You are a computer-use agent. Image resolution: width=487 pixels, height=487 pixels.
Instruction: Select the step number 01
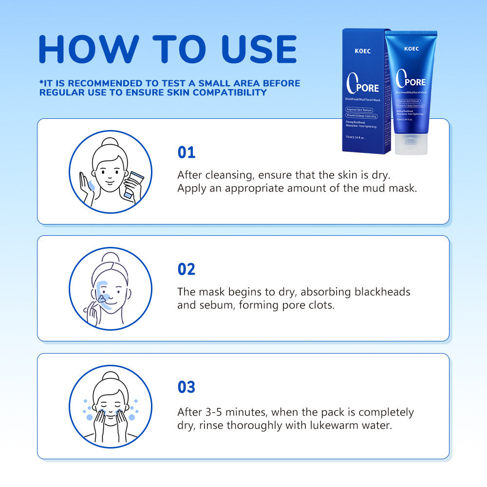coord(186,152)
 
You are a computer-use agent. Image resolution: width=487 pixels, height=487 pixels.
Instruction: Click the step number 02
coord(186,269)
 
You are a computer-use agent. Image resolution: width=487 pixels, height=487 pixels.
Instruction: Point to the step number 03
coord(186,387)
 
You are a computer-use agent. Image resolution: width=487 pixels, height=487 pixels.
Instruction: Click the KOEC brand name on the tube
coord(411,49)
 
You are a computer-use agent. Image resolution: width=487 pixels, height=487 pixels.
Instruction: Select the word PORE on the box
coord(369,88)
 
